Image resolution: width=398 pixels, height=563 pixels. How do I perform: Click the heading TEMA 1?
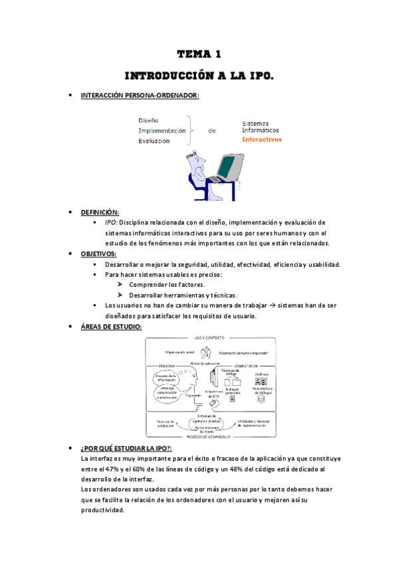coord(199,54)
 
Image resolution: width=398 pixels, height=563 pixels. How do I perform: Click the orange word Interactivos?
coord(262,139)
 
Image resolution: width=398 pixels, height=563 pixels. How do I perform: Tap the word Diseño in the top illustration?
coord(148,120)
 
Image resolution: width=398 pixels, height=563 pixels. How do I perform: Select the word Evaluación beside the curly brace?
coord(154,141)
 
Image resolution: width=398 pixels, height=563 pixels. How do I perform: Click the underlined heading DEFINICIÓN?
coord(100,212)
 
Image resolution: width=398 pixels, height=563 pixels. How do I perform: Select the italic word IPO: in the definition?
coord(111,222)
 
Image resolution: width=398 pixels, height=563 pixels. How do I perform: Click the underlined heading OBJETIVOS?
coord(98,254)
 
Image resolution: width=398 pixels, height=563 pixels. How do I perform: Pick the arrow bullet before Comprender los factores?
coord(120,284)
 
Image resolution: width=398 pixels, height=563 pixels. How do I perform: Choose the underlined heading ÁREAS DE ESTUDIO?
coord(111,327)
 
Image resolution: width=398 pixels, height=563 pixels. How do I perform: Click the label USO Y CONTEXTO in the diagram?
coord(210,339)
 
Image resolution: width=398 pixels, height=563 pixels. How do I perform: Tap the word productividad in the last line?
coord(102,510)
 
